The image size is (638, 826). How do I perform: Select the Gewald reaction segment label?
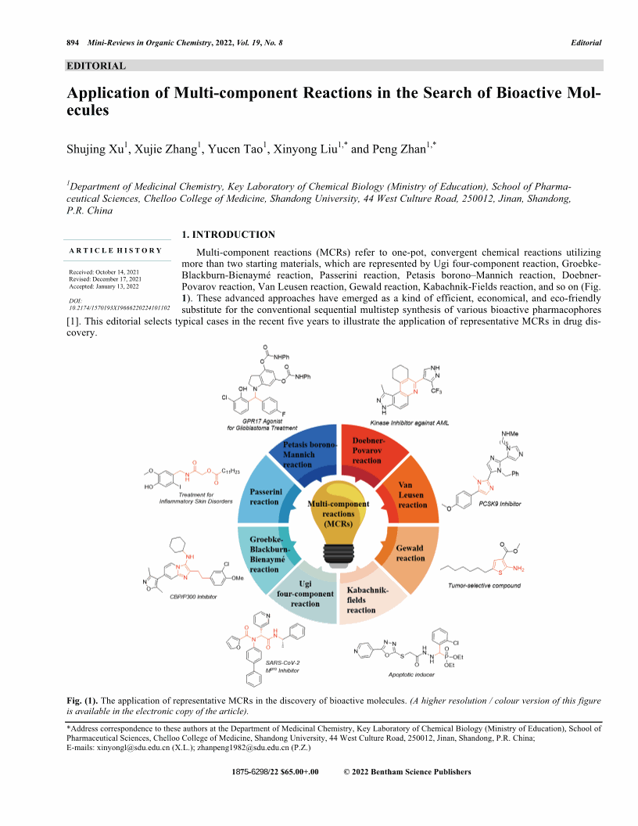(410, 553)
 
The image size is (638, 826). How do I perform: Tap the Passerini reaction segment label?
(264, 497)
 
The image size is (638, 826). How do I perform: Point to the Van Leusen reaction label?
(412, 495)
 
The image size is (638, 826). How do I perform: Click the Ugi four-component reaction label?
(305, 598)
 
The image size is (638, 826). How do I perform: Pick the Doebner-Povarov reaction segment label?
(367, 451)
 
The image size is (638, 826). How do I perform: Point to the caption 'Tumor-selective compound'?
(484, 585)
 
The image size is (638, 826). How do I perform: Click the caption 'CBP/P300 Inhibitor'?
(195, 597)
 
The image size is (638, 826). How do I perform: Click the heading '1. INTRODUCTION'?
(228, 235)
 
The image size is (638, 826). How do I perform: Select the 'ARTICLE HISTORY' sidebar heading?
(116, 250)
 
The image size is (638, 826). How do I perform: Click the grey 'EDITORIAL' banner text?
(97, 66)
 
